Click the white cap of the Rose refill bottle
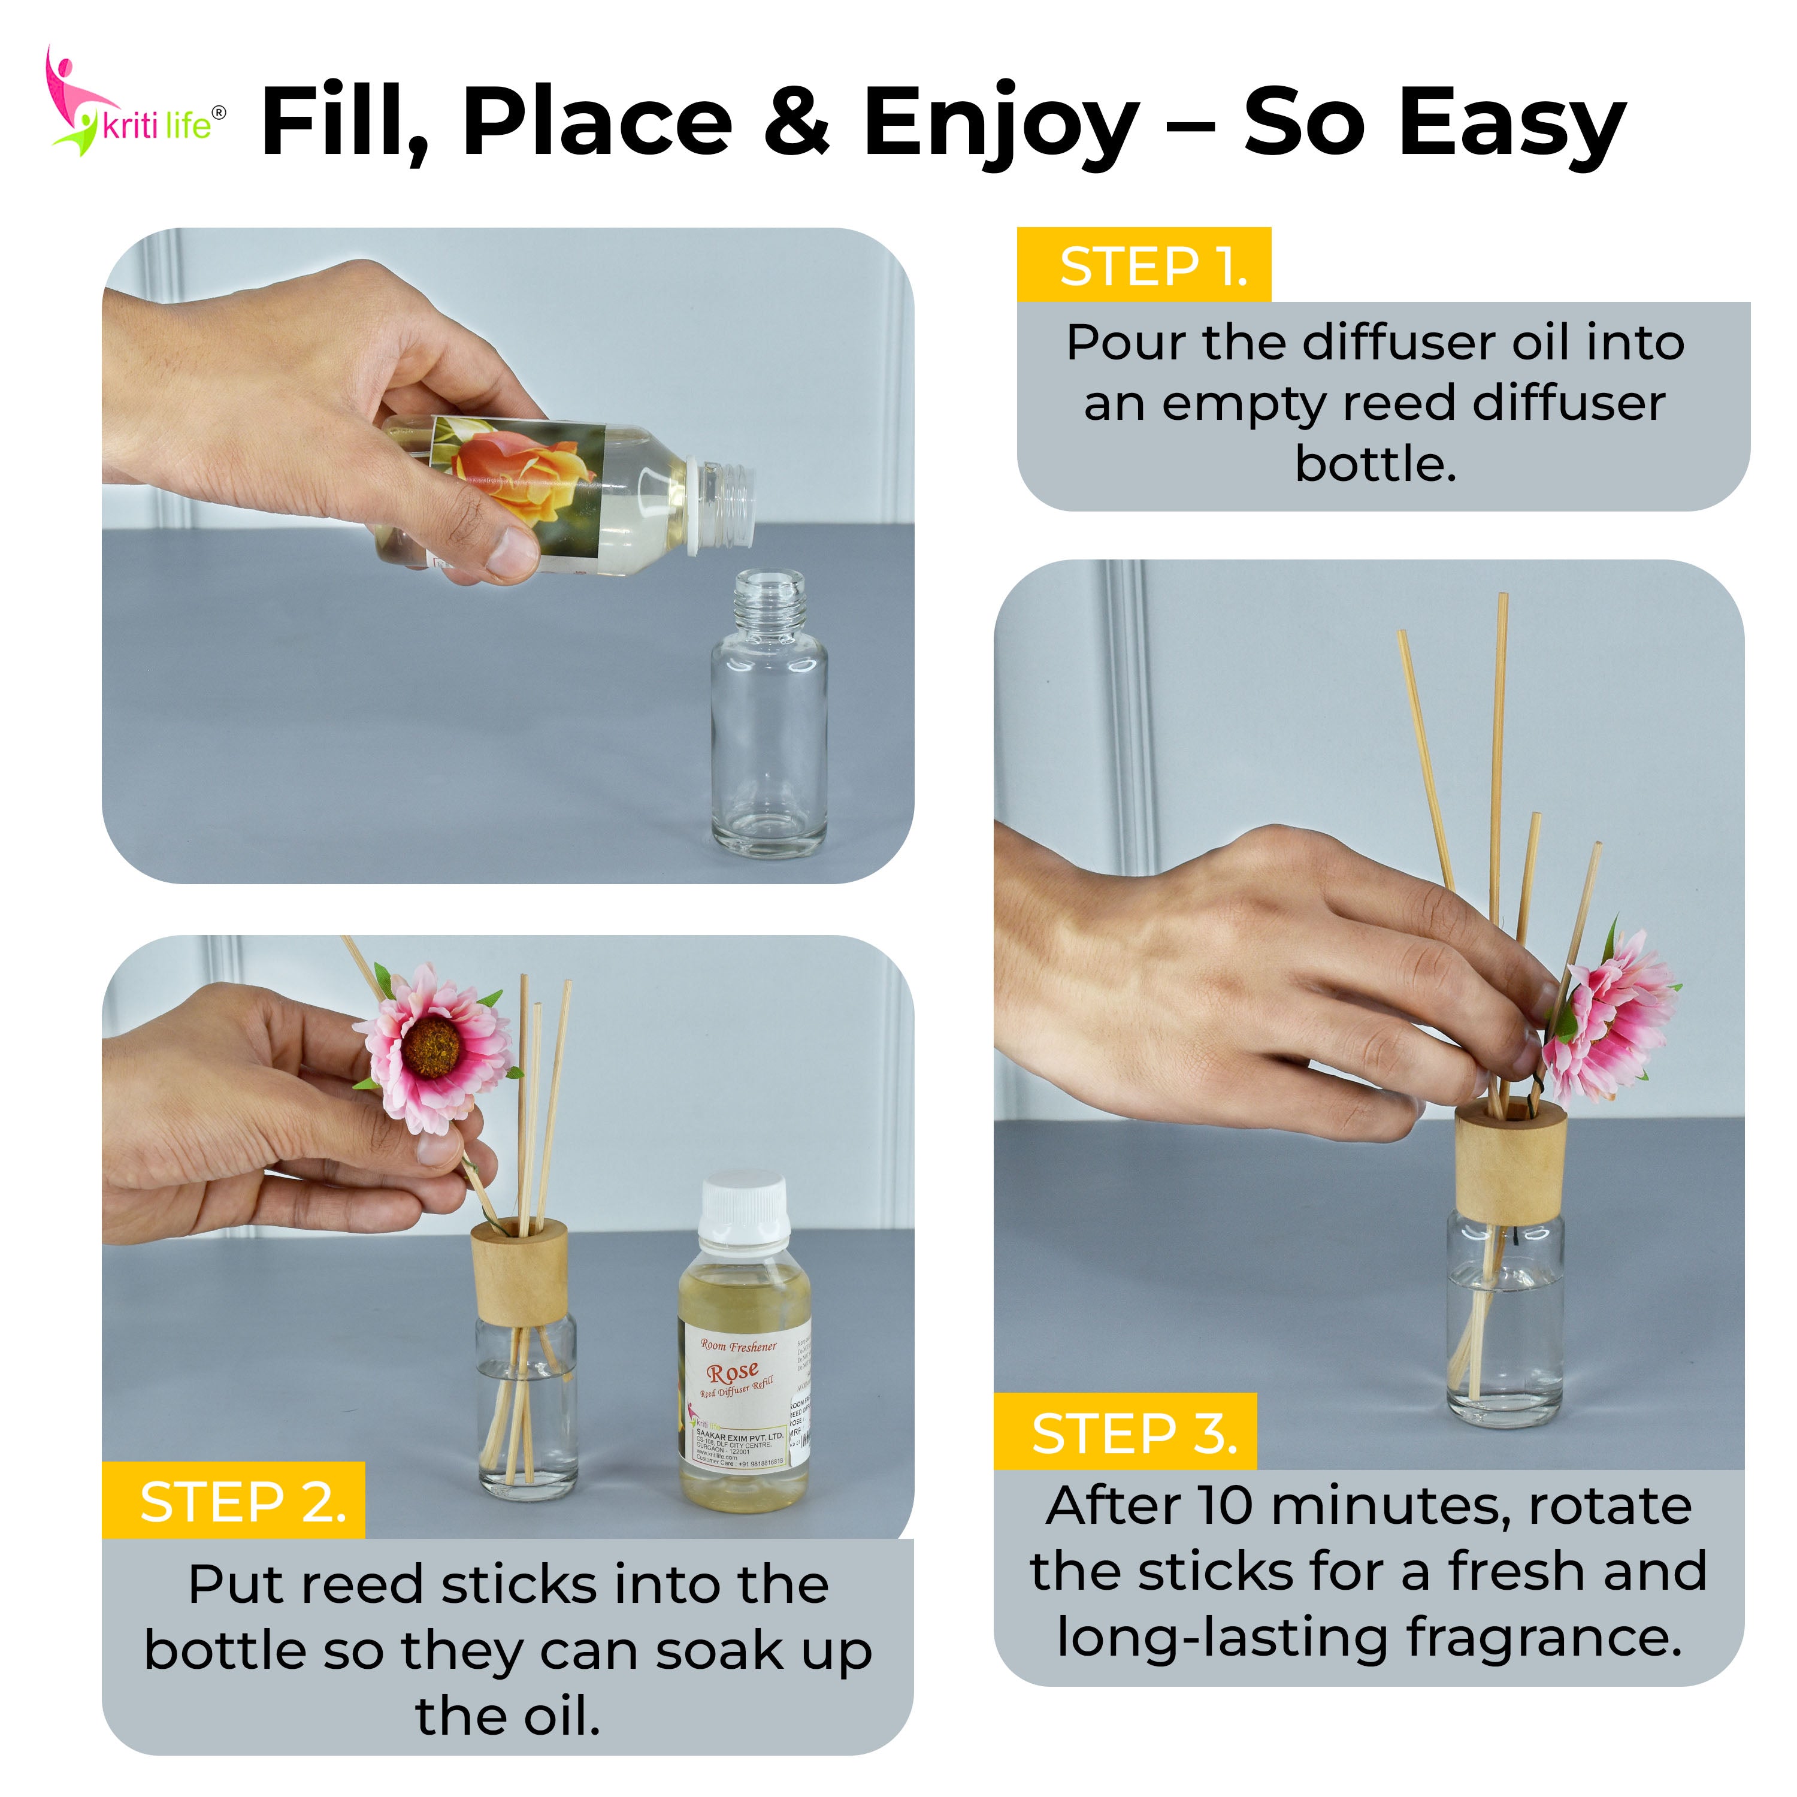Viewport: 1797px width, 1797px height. [x=744, y=1209]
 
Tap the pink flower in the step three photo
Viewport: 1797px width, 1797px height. [x=1609, y=1018]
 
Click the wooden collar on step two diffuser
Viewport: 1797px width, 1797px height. [x=519, y=1270]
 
